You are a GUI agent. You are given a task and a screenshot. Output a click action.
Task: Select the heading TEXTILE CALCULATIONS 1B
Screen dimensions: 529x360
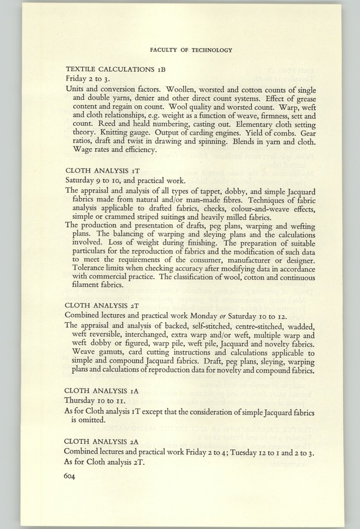[x=111, y=68]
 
